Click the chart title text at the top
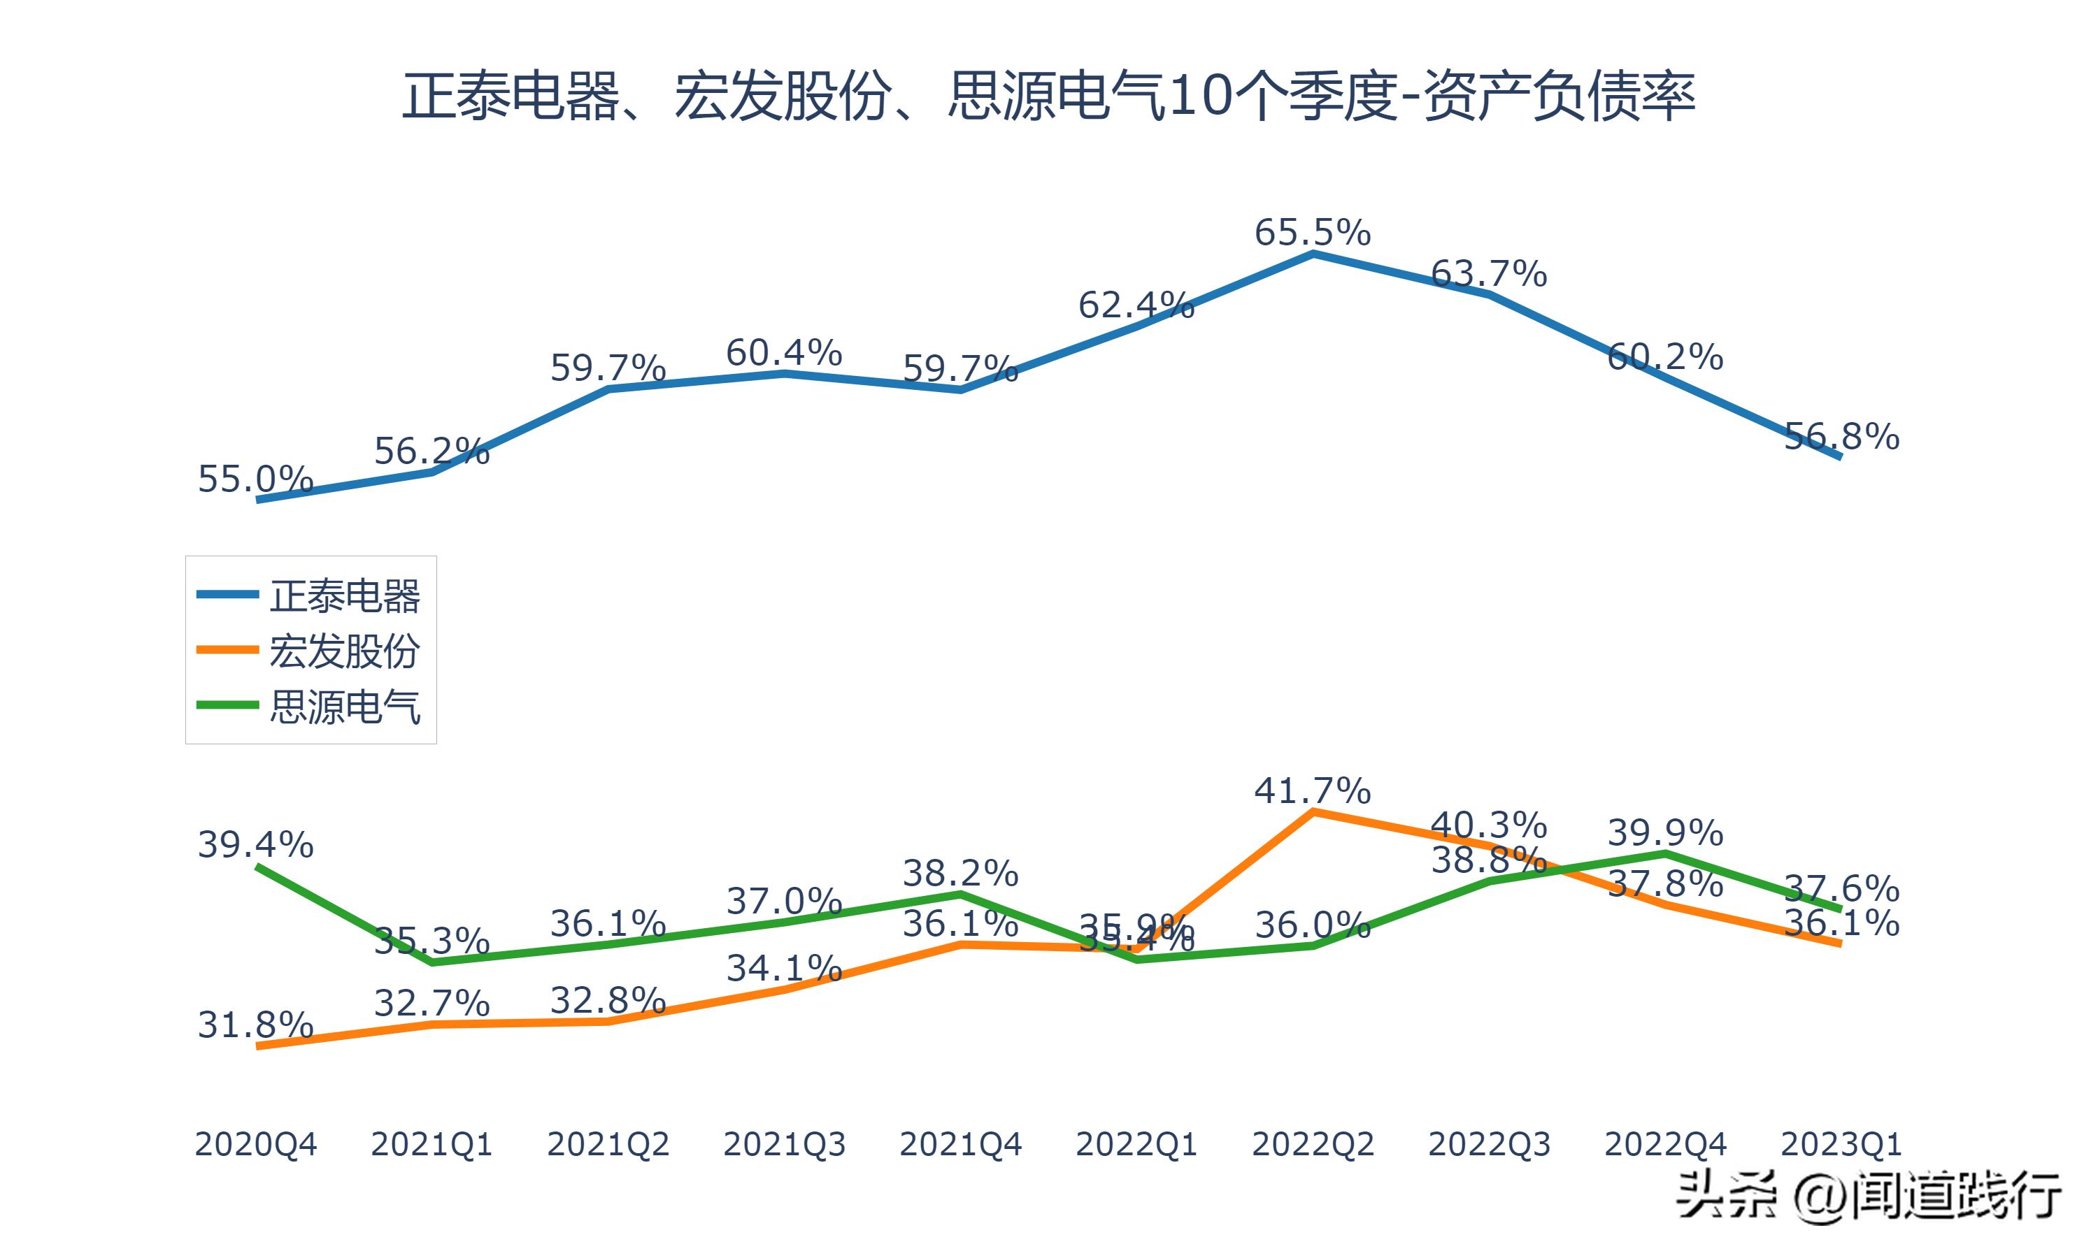(x=1048, y=96)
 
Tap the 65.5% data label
(x=1312, y=232)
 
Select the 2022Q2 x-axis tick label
(x=1312, y=1144)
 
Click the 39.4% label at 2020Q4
(x=255, y=844)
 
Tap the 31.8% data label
(x=255, y=1025)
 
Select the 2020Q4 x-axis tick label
(x=255, y=1144)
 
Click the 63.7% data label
(x=1488, y=274)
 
